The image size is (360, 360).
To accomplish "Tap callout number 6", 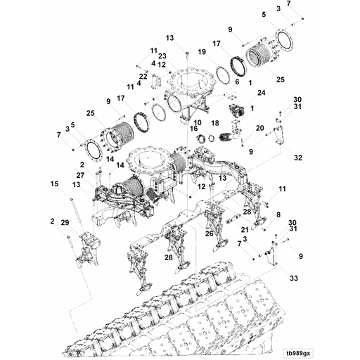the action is pyautogui.click(x=237, y=82).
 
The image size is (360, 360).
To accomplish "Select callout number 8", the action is pyautogui.click(x=278, y=214).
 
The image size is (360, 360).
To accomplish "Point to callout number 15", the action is pyautogui.click(x=54, y=184).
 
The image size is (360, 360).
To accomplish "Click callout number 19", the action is pyautogui.click(x=202, y=52).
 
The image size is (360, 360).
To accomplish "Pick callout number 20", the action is pyautogui.click(x=259, y=128).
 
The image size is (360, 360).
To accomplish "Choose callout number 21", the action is pyautogui.click(x=245, y=229).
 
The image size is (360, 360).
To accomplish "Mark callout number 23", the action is pyautogui.click(x=162, y=56).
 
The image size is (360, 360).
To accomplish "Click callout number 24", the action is pyautogui.click(x=262, y=93).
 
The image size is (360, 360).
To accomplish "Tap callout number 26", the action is pyautogui.click(x=210, y=233).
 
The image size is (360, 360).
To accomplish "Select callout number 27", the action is pyautogui.click(x=81, y=175).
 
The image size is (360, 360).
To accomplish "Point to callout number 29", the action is pyautogui.click(x=65, y=222).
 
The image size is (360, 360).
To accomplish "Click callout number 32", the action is pyautogui.click(x=298, y=157).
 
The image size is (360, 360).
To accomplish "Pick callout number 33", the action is pyautogui.click(x=293, y=278).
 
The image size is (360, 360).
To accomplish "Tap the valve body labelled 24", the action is pyautogui.click(x=237, y=110).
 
